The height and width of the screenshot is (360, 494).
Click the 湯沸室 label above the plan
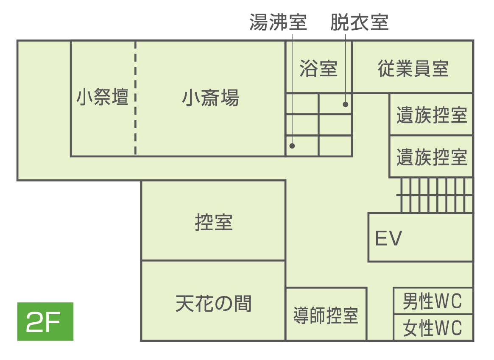point(278,22)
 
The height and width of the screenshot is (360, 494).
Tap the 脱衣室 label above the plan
point(359,22)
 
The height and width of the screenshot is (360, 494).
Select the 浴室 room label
point(318,68)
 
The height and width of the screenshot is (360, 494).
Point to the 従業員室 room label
point(413,68)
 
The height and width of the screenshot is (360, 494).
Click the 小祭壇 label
point(102,97)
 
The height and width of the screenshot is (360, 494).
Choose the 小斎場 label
point(210,98)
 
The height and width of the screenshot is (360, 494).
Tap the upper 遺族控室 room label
point(432,114)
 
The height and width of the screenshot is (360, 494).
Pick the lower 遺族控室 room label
point(432,157)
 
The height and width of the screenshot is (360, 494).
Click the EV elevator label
point(389,238)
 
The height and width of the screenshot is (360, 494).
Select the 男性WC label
point(433,301)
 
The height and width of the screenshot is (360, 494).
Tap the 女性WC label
point(433,328)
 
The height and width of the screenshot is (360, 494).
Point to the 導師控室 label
point(326,315)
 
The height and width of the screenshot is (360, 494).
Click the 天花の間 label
point(214,304)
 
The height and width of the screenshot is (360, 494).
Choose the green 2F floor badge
point(45,321)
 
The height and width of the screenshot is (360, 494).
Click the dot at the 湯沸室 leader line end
point(292,146)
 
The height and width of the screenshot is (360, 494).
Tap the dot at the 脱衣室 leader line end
point(346,104)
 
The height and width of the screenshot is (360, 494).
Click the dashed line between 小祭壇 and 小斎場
point(135,98)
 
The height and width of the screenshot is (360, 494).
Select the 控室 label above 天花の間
point(214,222)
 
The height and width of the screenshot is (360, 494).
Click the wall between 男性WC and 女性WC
point(433,314)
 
